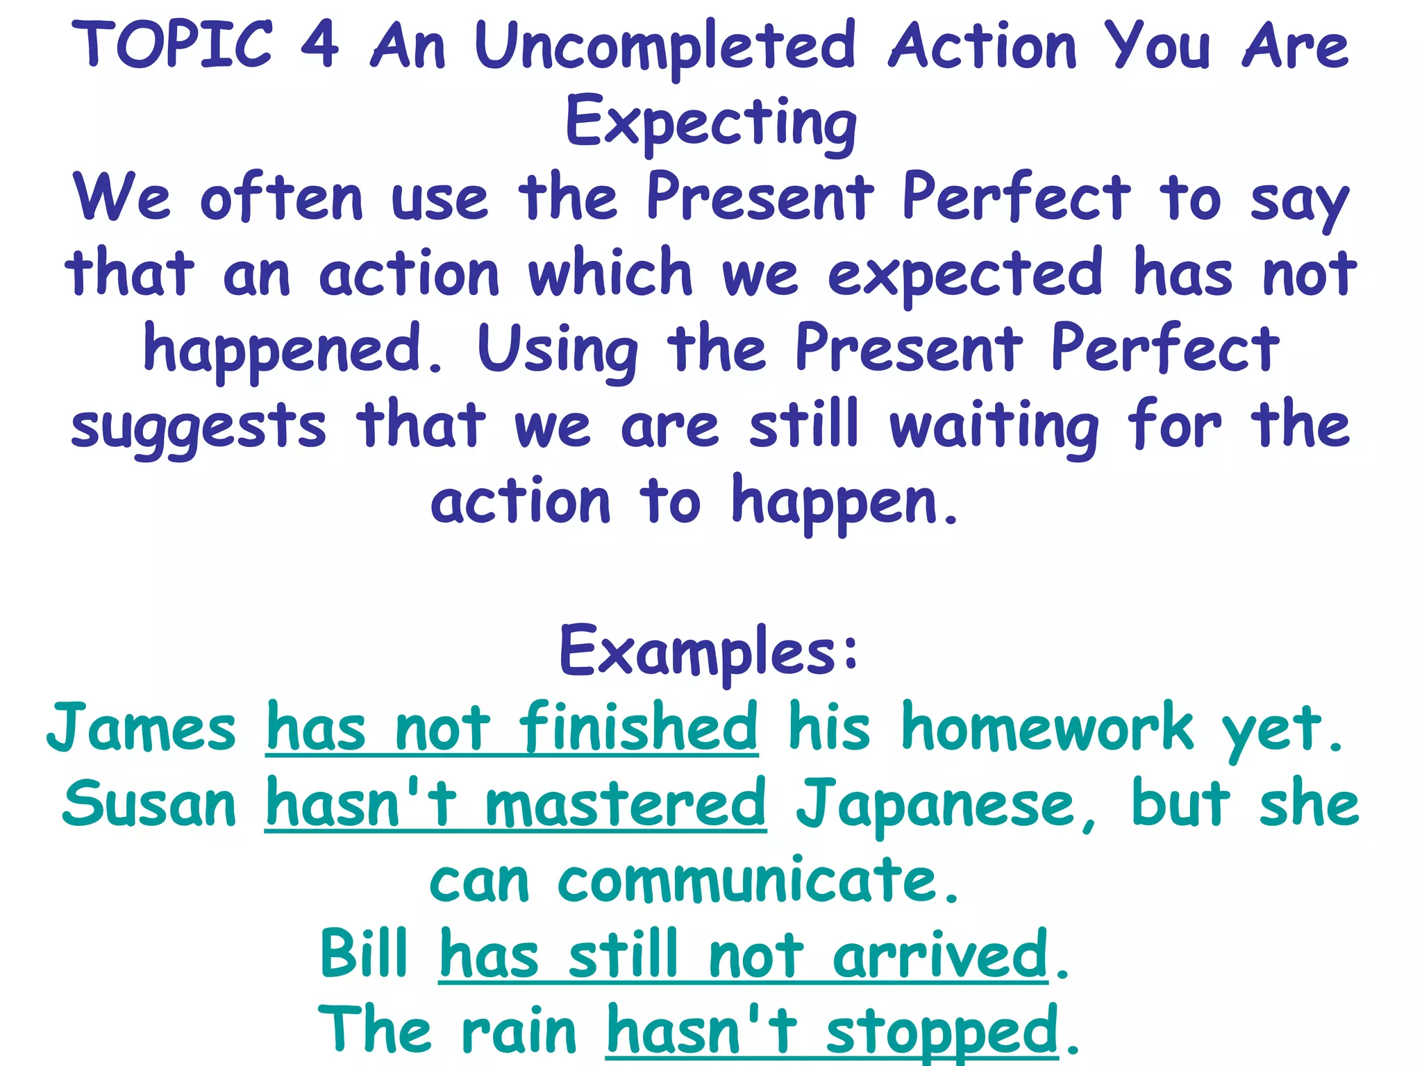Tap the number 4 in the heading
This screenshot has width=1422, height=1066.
320,45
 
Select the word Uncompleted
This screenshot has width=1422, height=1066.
665,47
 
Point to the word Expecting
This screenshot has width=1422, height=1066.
711,124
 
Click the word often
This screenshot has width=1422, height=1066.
282,199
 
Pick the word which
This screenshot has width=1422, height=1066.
610,274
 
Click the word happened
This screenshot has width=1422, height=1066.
292,351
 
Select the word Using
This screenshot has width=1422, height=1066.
558,351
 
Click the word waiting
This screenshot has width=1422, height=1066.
994,427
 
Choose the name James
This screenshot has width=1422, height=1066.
142,729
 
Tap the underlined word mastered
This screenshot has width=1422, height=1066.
625,805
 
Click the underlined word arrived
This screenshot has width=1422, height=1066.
940,956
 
